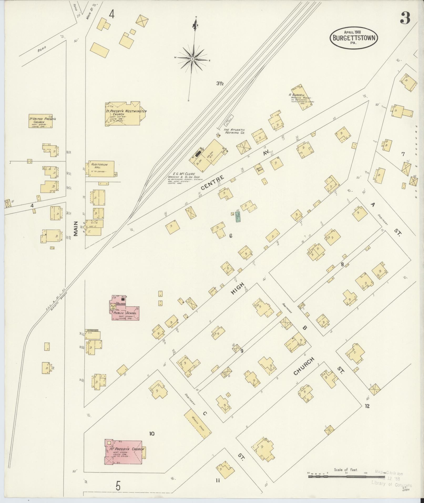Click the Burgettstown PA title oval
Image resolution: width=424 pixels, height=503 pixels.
pos(354,38)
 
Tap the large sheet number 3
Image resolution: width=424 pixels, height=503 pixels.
pos(405,18)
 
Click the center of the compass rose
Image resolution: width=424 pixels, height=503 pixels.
pos(192,59)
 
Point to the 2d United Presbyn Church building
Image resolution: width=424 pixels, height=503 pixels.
pos(40,121)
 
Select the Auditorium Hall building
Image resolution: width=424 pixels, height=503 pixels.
pos(100,169)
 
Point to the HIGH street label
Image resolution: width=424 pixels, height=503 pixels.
pos(238,288)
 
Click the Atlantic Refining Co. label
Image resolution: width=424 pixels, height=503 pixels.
pos(234,131)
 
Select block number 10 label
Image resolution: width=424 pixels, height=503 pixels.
pos(152,434)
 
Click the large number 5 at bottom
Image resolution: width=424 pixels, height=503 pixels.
pos(118,486)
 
